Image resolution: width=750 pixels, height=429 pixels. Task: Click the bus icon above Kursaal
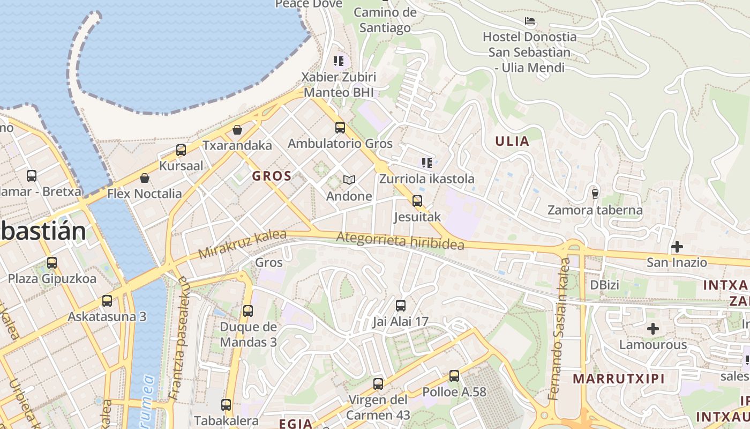tap(181, 150)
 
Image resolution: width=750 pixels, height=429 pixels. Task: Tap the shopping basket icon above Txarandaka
tap(237, 130)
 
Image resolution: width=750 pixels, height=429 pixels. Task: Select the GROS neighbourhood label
tap(272, 176)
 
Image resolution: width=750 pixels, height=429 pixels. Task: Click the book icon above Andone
tap(349, 180)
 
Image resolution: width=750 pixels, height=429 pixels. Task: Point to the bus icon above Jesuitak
tap(417, 201)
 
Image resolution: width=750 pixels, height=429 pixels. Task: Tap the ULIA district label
tap(512, 142)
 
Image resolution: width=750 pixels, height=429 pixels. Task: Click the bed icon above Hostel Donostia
tap(530, 21)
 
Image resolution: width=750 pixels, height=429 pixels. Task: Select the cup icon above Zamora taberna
tap(595, 194)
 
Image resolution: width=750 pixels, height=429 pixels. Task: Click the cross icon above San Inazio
tap(677, 247)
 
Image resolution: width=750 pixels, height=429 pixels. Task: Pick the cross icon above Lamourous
tap(652, 328)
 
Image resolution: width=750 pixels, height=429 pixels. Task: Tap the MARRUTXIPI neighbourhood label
tap(618, 379)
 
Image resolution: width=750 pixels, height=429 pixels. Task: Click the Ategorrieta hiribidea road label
tap(400, 241)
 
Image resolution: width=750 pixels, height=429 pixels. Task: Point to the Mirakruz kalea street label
tap(242, 244)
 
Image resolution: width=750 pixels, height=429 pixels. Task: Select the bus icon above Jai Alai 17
tap(400, 306)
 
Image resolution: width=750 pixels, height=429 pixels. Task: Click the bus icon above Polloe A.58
tap(454, 376)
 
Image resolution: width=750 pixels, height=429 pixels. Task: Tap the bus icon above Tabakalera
tap(226, 405)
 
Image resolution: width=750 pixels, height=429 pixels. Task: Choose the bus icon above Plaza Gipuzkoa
tap(52, 263)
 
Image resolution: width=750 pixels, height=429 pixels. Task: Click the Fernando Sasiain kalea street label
tap(559, 329)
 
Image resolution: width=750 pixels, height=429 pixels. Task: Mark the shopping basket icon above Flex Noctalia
tap(144, 178)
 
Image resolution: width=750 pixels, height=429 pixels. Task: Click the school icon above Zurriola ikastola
tap(426, 163)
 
